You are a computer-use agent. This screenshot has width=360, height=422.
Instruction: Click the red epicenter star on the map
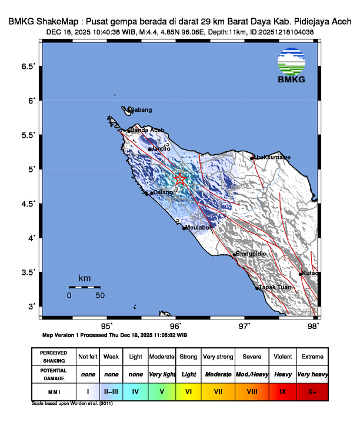coord(180,179)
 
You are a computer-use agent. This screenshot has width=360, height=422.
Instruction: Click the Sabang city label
coord(141,110)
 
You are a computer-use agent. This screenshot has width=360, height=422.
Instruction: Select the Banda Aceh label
coord(147,130)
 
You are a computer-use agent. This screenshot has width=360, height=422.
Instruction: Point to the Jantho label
coord(161,149)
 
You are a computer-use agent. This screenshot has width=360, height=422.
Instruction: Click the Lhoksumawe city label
coord(271,157)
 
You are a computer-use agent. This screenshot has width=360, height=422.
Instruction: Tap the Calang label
coord(162,192)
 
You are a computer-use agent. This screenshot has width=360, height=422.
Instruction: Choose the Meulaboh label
coord(199,227)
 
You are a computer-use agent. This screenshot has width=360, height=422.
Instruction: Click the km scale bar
coord(84,287)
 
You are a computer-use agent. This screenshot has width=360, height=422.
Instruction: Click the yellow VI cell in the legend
coord(189,390)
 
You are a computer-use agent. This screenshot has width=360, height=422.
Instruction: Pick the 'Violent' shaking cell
coord(281,357)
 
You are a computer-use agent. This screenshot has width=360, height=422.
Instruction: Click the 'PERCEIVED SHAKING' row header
coord(53,357)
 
